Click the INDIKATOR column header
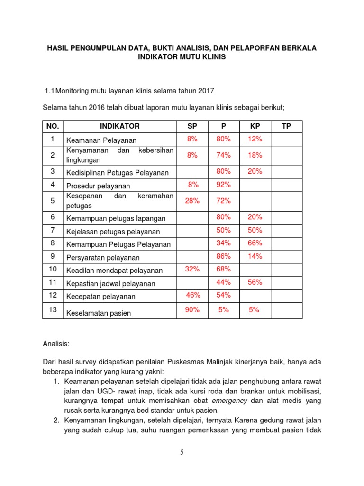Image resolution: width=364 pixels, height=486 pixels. pos(119,126)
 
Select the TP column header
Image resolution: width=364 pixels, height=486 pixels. pos(286,126)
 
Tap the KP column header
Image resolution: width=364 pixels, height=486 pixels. pos(255,126)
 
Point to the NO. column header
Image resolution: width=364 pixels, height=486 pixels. pos(53,126)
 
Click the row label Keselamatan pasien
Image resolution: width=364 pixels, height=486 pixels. pos(99,313)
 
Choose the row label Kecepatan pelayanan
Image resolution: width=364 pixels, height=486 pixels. pos(100,297)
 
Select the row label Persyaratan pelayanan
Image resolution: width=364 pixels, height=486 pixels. pos(103,258)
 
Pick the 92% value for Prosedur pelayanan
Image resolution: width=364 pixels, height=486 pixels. pos(224,185)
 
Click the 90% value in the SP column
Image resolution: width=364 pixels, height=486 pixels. pos(192,310)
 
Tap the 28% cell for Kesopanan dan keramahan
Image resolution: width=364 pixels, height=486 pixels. pos(192,201)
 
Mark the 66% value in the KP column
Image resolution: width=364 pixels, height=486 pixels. pos(255,243)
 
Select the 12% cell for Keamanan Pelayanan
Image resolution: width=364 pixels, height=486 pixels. pos(255,139)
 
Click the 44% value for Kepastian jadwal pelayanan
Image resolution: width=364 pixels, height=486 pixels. pos(224,282)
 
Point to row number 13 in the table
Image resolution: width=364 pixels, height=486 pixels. pos(53,309)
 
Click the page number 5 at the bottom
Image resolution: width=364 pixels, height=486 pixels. pos(182,452)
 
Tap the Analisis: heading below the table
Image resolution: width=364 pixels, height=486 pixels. pos(56,342)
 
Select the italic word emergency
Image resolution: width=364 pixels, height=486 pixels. pos(230,401)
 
